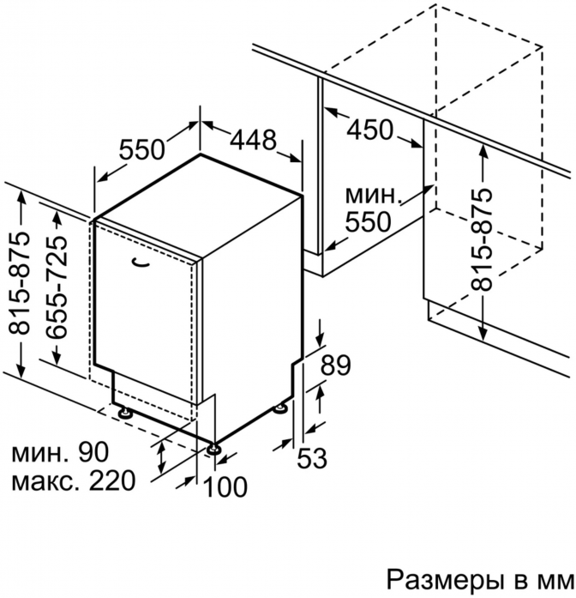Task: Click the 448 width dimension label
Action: click(x=253, y=140)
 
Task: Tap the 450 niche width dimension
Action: click(x=369, y=130)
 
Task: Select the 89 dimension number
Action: click(x=335, y=365)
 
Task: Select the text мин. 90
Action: click(x=60, y=452)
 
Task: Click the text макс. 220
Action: click(x=74, y=480)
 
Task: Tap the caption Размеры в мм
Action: click(x=481, y=582)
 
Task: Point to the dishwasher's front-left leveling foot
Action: click(x=124, y=413)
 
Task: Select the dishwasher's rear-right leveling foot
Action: click(x=281, y=408)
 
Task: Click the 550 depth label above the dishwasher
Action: click(x=142, y=149)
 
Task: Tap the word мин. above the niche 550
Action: click(x=374, y=195)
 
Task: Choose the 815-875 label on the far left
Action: click(x=19, y=282)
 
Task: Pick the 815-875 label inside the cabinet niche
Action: click(x=482, y=239)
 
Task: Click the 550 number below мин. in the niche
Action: click(x=368, y=221)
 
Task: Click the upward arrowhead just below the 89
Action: click(x=320, y=392)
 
